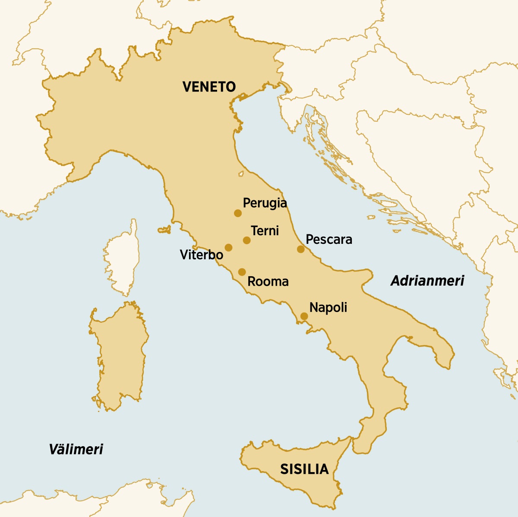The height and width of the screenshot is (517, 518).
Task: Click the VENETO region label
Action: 209,87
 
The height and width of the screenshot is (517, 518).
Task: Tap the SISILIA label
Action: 304,469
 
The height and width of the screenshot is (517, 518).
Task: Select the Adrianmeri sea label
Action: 427,281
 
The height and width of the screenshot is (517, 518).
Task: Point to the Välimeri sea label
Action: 76,449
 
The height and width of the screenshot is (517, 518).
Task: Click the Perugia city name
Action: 265,203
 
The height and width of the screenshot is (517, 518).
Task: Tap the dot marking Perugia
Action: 237,213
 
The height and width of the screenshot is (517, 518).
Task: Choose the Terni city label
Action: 265,230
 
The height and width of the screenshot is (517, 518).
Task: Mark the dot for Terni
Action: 246,240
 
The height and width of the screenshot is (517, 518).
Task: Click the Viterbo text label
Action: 201,255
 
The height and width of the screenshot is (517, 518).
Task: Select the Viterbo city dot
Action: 228,248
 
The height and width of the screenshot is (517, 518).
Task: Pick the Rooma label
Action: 268,282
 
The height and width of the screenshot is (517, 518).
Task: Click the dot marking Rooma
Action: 242,272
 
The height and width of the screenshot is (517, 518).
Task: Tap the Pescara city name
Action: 328,240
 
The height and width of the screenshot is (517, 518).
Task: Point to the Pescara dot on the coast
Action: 301,249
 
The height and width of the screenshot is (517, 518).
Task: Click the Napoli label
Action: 328,308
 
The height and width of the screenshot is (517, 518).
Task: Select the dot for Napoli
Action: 304,316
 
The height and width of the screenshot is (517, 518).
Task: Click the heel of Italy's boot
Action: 440,350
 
